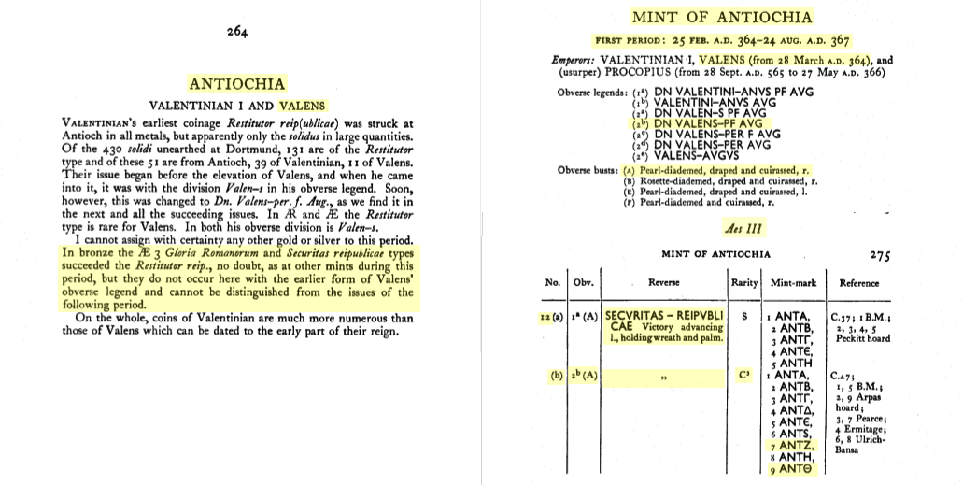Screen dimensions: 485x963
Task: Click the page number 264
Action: tap(237, 32)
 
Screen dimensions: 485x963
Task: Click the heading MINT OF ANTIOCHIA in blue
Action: tap(721, 17)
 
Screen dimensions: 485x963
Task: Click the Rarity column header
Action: tap(744, 281)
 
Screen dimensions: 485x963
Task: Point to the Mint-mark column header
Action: tap(795, 281)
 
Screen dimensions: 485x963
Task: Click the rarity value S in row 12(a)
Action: tap(744, 316)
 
